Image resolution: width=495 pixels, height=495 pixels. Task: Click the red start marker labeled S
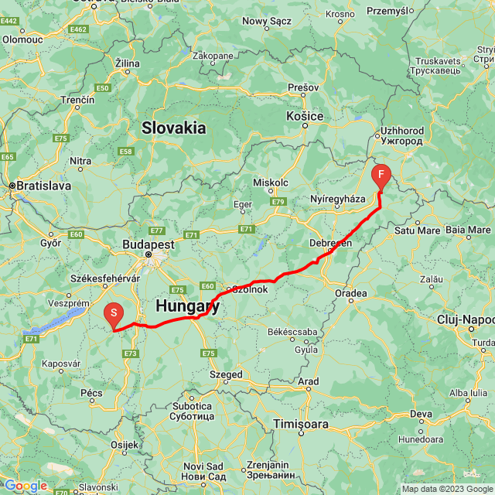pos(114,313)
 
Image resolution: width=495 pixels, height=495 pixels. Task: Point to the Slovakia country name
pos(173,128)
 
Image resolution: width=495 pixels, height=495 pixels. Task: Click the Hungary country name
pos(187,306)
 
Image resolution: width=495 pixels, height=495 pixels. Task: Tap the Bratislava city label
pos(44,186)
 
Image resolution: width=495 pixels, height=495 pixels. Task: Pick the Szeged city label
pos(226,374)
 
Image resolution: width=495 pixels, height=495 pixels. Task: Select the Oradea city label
pos(350,293)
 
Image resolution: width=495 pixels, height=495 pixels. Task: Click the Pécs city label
pos(90,393)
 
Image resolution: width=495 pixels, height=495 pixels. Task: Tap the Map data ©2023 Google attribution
pos(446,489)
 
